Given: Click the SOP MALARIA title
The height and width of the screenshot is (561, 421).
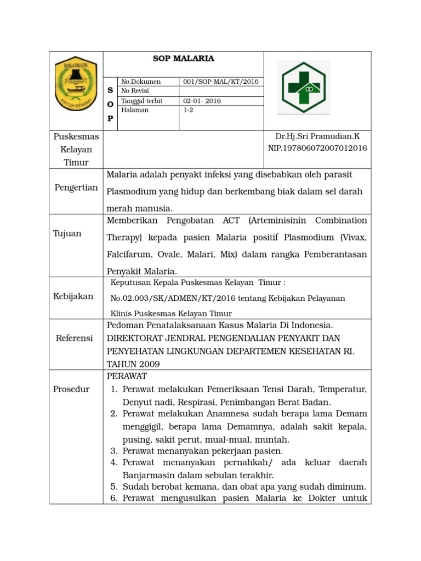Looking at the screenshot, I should pyautogui.click(x=183, y=59).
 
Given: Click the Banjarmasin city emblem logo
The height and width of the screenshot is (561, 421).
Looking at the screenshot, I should pyautogui.click(x=76, y=84).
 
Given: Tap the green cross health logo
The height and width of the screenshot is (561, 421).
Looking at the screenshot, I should pyautogui.click(x=303, y=87).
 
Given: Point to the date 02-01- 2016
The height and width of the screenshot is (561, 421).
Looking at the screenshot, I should pyautogui.click(x=202, y=101).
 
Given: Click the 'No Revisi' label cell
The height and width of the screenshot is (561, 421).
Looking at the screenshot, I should pyautogui.click(x=135, y=91).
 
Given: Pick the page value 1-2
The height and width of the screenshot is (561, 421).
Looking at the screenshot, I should pyautogui.click(x=189, y=110).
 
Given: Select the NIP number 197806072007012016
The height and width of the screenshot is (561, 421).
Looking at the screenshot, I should pyautogui.click(x=317, y=148).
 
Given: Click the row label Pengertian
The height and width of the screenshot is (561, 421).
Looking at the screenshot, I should pyautogui.click(x=76, y=188).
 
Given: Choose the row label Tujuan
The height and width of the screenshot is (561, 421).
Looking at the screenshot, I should pyautogui.click(x=67, y=233).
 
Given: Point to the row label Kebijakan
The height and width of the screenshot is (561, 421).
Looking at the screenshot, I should pyautogui.click(x=73, y=296).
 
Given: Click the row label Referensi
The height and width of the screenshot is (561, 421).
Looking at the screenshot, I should pyautogui.click(x=75, y=338).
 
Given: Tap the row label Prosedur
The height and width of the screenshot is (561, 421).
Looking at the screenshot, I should pyautogui.click(x=71, y=389).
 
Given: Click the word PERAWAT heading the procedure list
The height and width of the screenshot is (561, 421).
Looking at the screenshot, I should pyautogui.click(x=127, y=376).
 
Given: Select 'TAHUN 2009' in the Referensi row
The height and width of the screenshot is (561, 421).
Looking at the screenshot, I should pyautogui.click(x=133, y=364).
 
